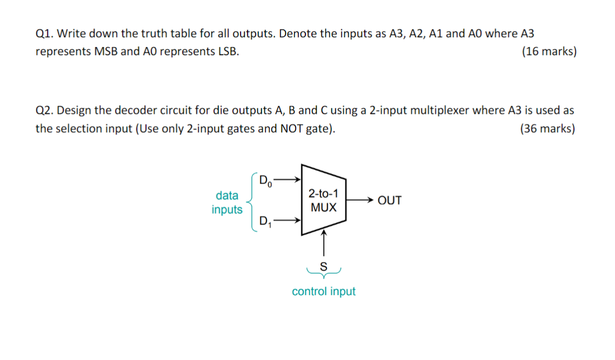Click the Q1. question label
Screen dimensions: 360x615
pyautogui.click(x=45, y=33)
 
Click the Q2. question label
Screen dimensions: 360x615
pyautogui.click(x=45, y=111)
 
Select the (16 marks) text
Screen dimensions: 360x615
pyautogui.click(x=549, y=52)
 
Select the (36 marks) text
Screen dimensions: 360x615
pyautogui.click(x=548, y=129)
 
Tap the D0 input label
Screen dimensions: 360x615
pyautogui.click(x=266, y=180)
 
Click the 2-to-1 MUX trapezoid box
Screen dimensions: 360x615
pyautogui.click(x=323, y=200)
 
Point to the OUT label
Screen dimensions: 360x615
pyautogui.click(x=389, y=201)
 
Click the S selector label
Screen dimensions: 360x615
pyautogui.click(x=324, y=266)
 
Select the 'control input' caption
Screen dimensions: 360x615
pyautogui.click(x=324, y=291)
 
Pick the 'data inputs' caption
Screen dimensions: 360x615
pyautogui.click(x=227, y=202)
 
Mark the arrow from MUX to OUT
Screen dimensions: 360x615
pyautogui.click(x=359, y=200)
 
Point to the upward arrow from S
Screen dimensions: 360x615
pyautogui.click(x=324, y=244)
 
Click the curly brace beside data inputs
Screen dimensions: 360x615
pyautogui.click(x=251, y=201)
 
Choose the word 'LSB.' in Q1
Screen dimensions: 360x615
pyautogui.click(x=226, y=52)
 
